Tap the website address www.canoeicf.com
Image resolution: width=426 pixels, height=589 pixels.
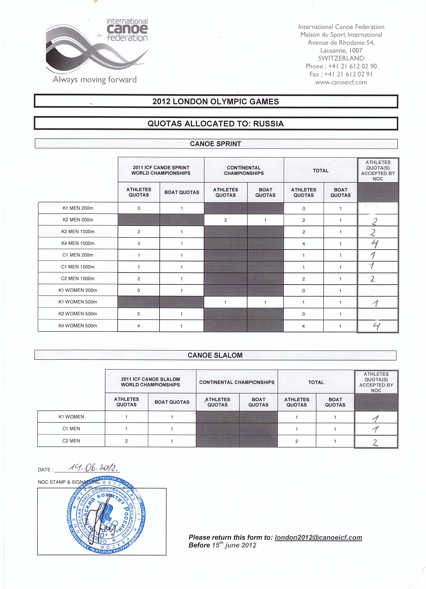point(341,83)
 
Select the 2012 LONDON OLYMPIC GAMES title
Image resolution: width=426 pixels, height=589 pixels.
point(216,102)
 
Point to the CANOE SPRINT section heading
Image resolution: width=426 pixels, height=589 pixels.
point(216,144)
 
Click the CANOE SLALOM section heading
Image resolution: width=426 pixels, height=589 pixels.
point(215,355)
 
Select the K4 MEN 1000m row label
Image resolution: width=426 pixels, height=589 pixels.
point(78,243)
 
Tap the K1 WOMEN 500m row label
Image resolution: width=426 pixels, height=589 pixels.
point(78,302)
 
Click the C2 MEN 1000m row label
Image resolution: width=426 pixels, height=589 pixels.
point(78,278)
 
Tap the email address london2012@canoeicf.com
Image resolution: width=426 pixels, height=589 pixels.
point(318,537)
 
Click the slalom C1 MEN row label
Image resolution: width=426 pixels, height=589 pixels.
point(71,429)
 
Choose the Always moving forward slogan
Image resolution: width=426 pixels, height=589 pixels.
point(95,79)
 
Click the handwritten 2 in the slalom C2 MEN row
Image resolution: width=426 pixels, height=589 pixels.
point(375,442)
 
